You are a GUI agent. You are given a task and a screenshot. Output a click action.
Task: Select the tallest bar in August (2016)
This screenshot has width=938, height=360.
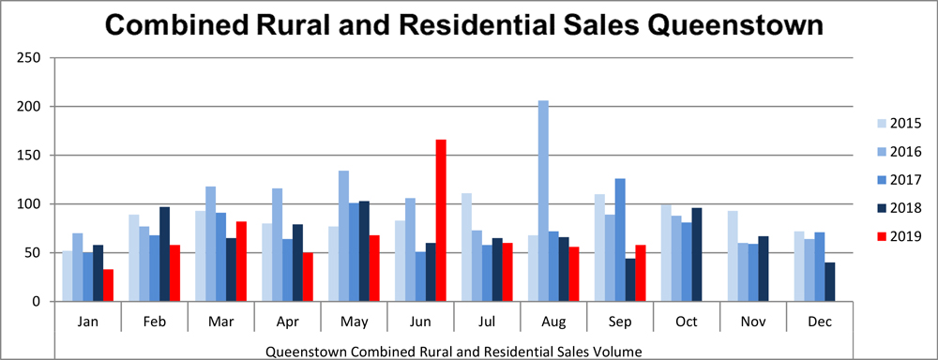[543, 202]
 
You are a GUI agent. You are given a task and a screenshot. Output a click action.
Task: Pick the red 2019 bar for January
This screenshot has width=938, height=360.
[109, 286]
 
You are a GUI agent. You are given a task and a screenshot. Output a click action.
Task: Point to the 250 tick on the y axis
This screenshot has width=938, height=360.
[31, 58]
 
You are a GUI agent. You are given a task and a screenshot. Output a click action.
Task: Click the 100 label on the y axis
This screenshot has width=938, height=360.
[31, 204]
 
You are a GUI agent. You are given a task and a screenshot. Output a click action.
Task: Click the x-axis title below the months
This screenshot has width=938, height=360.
[454, 352]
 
